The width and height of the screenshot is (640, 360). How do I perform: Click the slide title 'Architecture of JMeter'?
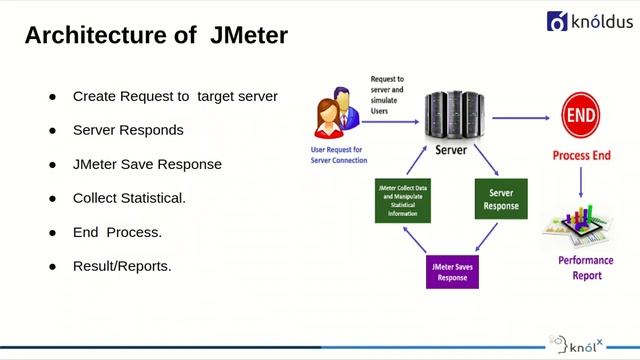(155, 36)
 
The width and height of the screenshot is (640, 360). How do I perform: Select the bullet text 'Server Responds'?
(127, 130)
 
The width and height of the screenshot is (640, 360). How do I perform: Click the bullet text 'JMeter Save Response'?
(147, 164)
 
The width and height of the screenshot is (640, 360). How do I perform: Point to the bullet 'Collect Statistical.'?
(129, 198)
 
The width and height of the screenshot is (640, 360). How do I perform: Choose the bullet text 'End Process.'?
(117, 232)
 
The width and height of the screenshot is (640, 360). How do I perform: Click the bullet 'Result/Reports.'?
(122, 266)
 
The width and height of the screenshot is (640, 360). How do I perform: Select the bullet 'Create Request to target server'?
(175, 96)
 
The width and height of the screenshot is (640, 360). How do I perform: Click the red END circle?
(580, 117)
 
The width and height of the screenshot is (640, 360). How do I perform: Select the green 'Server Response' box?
(501, 199)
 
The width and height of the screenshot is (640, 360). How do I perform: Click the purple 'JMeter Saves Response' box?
(452, 271)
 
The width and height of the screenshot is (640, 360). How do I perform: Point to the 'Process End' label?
(581, 156)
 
